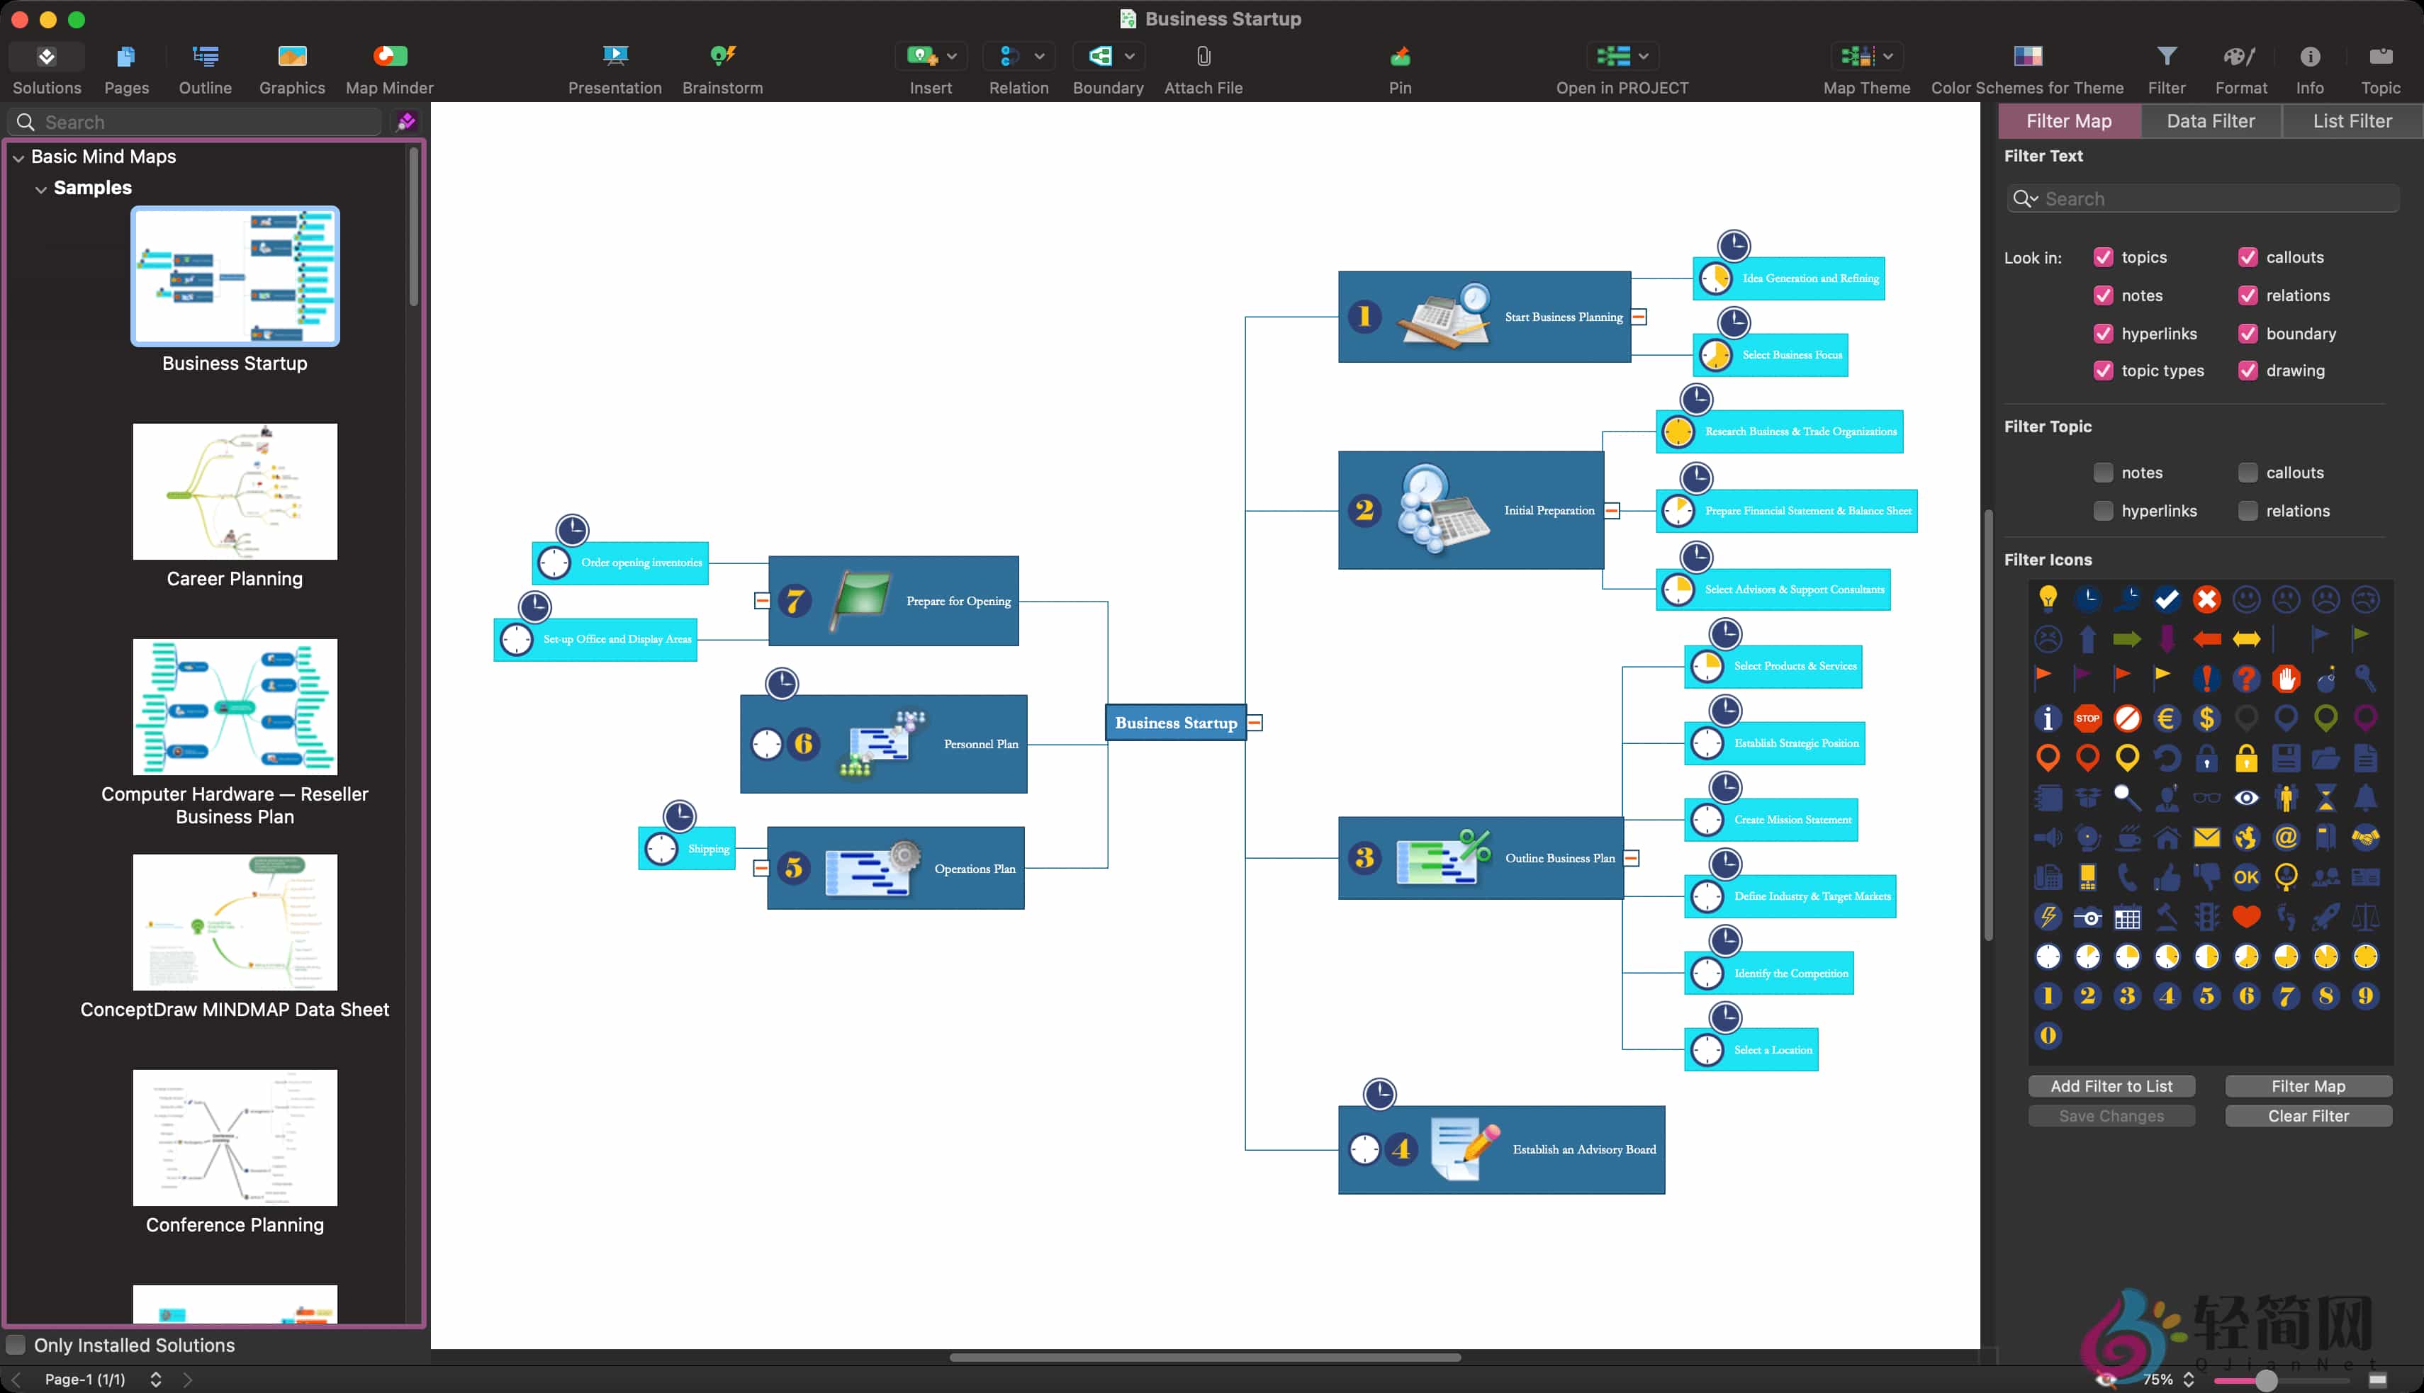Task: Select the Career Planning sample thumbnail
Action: coord(235,492)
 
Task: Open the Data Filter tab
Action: coord(2210,121)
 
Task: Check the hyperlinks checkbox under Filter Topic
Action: coord(2102,511)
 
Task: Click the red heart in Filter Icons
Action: coord(2246,917)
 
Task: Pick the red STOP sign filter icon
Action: coord(2087,718)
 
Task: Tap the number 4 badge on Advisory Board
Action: coord(1402,1149)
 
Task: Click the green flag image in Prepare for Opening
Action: coord(861,599)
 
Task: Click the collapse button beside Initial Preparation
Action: coord(1612,511)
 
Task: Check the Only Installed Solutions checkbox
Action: coord(16,1345)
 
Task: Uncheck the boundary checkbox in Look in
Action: coord(2247,334)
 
